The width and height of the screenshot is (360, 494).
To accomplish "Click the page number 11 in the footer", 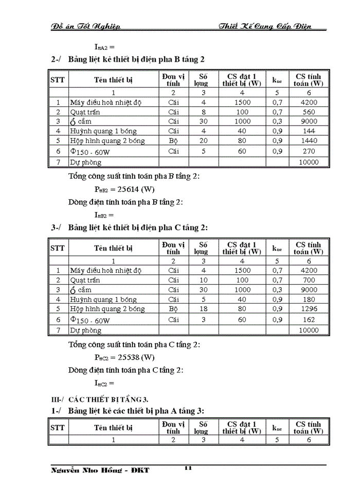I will point(188,468).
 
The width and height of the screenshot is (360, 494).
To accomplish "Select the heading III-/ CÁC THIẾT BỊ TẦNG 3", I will point(97,399).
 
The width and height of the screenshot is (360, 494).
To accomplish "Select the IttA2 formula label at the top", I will point(100,47).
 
